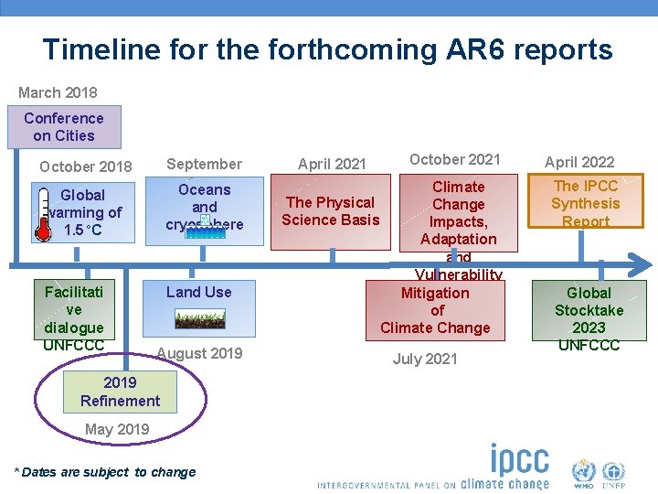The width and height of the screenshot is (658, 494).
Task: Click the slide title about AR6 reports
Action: click(327, 48)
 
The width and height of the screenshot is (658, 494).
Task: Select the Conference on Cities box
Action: click(64, 127)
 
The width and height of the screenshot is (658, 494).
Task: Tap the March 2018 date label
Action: click(58, 92)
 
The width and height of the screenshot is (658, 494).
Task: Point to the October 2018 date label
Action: click(86, 166)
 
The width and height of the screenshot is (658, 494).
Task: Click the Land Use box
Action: click(198, 292)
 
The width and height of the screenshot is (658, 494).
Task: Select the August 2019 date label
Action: click(199, 353)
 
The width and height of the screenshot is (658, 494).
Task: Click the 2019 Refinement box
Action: click(120, 392)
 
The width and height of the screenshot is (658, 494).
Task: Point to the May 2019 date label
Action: click(117, 429)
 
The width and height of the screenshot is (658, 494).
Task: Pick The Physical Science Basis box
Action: click(330, 210)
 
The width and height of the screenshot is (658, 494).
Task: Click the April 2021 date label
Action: click(332, 164)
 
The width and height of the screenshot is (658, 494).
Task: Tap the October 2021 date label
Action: click(454, 159)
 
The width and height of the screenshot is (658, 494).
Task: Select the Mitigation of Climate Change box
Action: click(435, 310)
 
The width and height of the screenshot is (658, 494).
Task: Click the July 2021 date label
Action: click(425, 359)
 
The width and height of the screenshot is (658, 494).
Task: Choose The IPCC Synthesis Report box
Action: click(586, 203)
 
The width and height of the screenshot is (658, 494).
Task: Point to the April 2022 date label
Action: click(579, 163)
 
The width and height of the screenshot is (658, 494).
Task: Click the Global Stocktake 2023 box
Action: click(589, 311)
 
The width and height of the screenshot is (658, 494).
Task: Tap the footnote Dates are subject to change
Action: click(105, 472)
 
